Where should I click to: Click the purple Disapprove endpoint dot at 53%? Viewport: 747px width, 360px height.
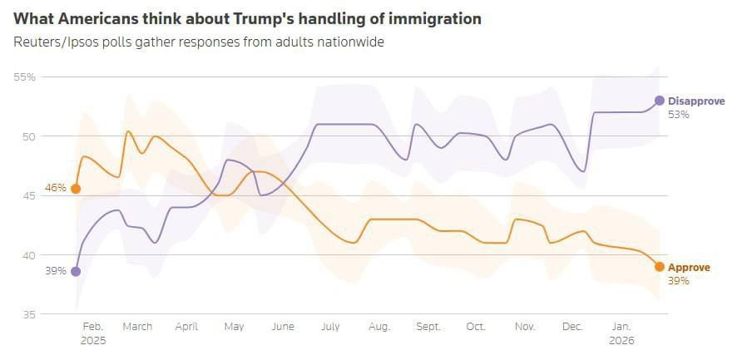coord(660,101)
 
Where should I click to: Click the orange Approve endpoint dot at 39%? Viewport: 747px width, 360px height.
coord(660,267)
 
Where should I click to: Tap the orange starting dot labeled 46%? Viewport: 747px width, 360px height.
coord(76,189)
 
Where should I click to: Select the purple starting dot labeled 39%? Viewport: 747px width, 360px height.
coord(76,271)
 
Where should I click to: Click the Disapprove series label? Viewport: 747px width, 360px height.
coord(696,101)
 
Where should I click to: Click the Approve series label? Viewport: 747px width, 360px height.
coord(689,268)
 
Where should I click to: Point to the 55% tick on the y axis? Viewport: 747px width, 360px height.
coord(24,77)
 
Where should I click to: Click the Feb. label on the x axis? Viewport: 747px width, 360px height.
coord(93,327)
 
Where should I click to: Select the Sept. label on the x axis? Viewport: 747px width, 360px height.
coord(428,327)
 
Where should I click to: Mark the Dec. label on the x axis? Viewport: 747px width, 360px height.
coord(573,327)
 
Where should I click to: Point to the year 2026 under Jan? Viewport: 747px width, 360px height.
coord(622,340)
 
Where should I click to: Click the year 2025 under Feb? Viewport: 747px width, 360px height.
coord(93,340)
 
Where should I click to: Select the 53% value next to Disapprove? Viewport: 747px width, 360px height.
coord(679,115)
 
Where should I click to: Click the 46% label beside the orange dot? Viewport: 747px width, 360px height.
coord(55,189)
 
